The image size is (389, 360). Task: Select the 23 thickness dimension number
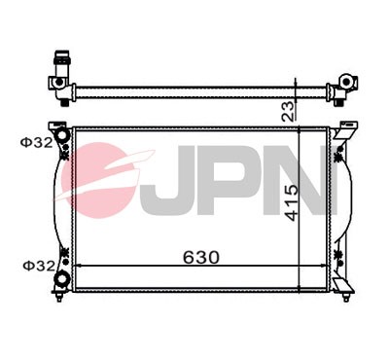coord(289,110)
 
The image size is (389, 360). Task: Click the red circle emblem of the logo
coord(97,180)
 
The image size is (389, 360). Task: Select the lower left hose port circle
coord(63,279)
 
